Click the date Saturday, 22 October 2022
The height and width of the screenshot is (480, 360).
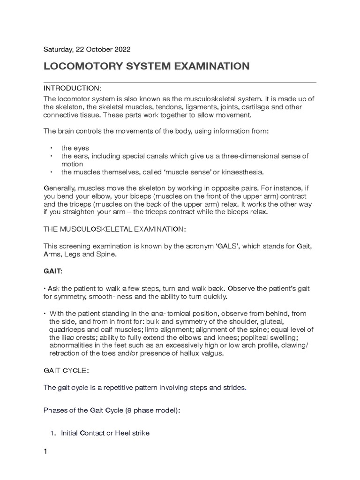click(87, 49)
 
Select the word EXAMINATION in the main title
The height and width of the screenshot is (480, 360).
click(212, 67)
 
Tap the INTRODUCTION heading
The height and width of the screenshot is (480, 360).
click(72, 89)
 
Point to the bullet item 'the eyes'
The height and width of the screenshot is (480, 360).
click(75, 148)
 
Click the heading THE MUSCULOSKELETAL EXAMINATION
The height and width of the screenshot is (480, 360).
click(114, 229)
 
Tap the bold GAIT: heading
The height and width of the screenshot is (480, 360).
click(52, 271)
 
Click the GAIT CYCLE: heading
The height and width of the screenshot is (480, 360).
click(66, 370)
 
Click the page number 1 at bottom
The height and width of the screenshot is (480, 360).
click(45, 452)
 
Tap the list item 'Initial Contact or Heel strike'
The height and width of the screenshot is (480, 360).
click(105, 433)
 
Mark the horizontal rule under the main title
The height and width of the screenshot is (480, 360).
click(180, 82)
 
